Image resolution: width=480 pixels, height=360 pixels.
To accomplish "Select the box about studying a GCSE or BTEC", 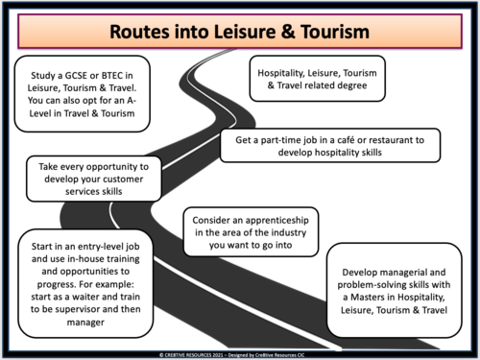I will click(83, 93).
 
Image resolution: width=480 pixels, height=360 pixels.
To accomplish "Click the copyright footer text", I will click(240, 354).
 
